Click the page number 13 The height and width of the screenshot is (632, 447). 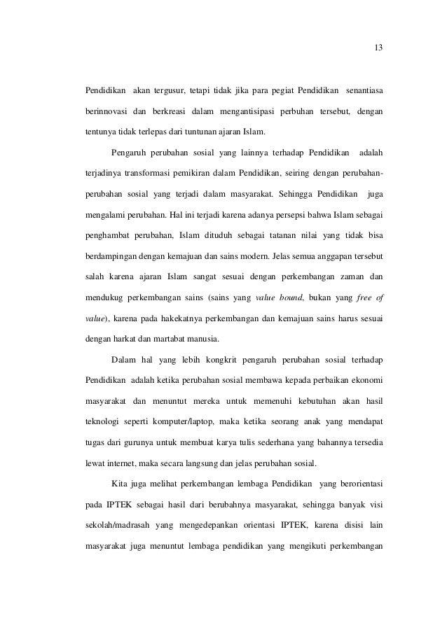378,48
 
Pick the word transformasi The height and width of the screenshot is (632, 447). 164,173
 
